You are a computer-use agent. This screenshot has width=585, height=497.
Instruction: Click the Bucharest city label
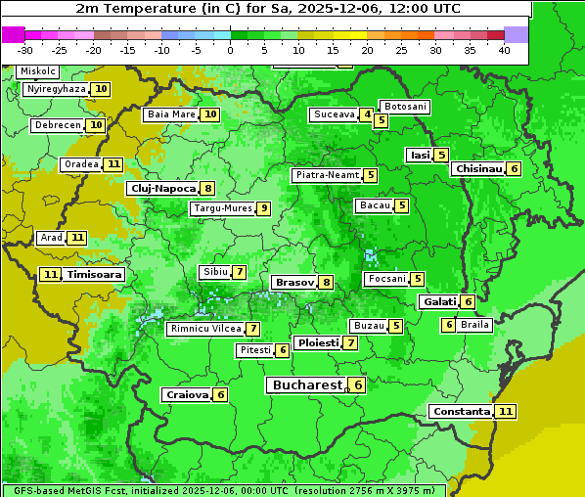[307, 385]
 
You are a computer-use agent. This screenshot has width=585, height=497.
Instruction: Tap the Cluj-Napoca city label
[162, 188]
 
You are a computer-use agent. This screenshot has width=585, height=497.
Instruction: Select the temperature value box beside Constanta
[506, 412]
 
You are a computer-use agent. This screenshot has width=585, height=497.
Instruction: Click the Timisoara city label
[95, 275]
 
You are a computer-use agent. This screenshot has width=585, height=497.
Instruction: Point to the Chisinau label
[478, 168]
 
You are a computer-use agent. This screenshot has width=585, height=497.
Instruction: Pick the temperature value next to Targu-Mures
[263, 208]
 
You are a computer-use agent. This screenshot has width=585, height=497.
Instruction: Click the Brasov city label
[293, 282]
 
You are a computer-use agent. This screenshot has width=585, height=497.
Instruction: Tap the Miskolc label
[38, 71]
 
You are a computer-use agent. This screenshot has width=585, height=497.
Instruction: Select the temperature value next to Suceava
[367, 114]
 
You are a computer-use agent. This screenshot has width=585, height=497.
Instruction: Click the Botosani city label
[404, 106]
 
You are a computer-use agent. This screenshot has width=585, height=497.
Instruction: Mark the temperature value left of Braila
[449, 325]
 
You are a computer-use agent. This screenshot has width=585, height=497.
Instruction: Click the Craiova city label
[187, 394]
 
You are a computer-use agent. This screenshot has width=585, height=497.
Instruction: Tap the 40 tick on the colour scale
[504, 49]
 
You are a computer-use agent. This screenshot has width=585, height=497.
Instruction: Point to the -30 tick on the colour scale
[25, 49]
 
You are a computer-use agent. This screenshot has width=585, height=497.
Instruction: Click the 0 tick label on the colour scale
[230, 49]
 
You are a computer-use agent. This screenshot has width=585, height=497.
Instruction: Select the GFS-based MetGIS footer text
[223, 490]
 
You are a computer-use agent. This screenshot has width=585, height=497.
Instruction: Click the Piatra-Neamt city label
[327, 175]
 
